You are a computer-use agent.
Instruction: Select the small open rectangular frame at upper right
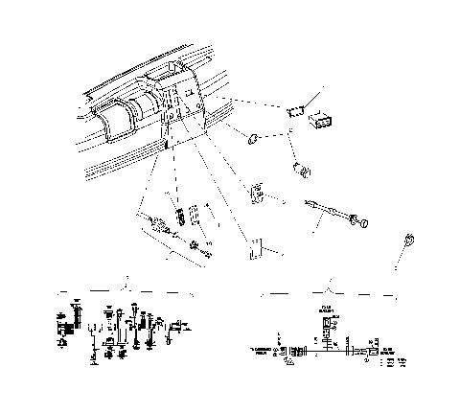296,111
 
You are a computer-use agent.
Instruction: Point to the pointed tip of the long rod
306,201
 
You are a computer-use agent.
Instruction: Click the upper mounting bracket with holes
257,193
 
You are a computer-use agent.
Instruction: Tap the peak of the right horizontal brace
329,287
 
